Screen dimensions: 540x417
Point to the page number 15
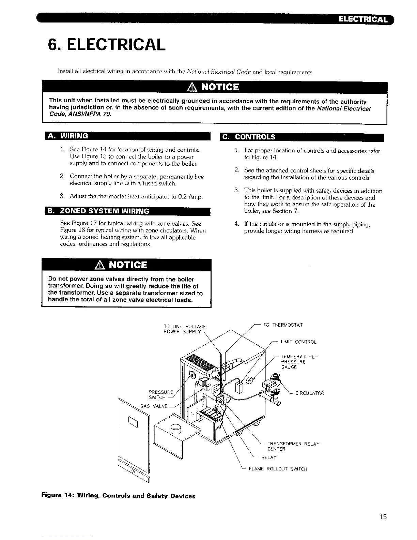point(383,517)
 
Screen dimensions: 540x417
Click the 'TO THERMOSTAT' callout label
point(283,325)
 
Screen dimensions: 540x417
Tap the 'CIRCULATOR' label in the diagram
point(310,393)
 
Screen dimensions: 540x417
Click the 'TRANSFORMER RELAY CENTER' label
point(293,446)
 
